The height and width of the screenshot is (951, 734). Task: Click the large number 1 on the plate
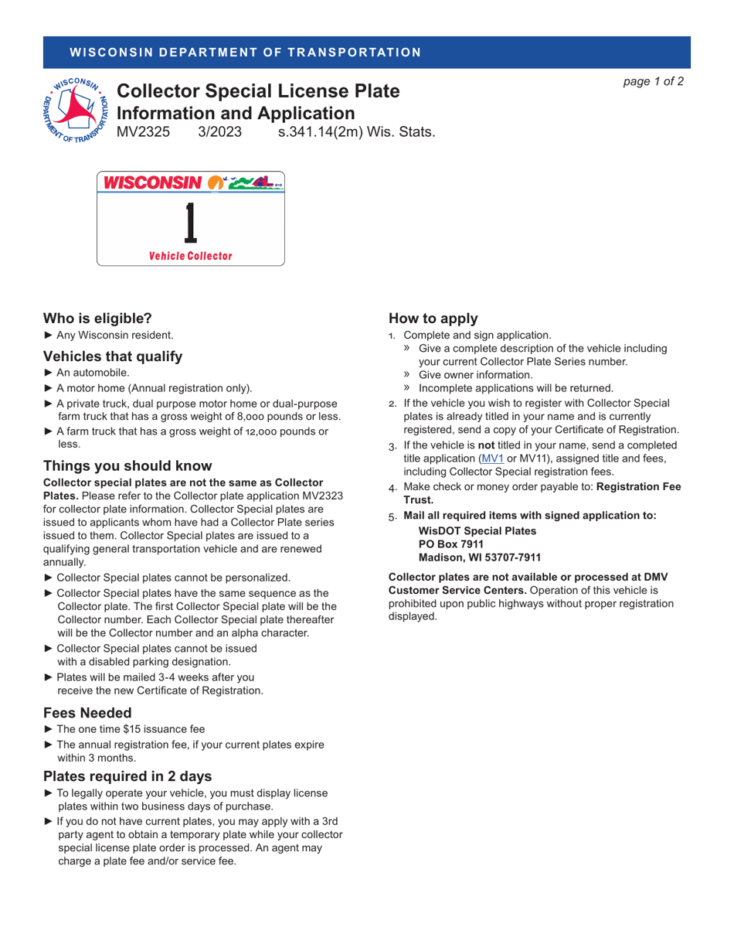[190, 223]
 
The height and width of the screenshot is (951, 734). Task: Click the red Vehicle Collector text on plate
[190, 256]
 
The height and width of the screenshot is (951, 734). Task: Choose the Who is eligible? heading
[97, 318]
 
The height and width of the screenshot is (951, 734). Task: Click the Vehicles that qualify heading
[113, 356]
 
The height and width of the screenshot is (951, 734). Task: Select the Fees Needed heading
[87, 712]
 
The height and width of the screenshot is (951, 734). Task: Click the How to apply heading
[433, 318]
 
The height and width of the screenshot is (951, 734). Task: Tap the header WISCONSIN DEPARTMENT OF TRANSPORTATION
[245, 53]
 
